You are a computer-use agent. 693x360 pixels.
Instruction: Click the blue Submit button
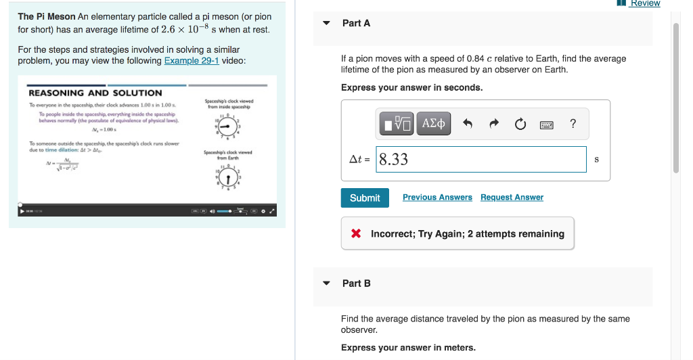365,198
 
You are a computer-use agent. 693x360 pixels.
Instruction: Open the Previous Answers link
437,198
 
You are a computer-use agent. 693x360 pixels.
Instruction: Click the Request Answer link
512,198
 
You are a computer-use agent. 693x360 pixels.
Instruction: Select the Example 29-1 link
192,61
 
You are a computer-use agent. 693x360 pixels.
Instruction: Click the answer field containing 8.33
480,160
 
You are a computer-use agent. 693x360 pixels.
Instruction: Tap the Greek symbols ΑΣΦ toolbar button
434,124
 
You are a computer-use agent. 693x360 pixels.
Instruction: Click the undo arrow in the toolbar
467,124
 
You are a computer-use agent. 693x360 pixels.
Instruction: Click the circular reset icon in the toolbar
520,124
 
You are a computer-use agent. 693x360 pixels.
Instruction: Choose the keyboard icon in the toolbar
547,124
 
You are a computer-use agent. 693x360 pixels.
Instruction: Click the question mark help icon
573,123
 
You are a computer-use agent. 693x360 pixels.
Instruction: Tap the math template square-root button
397,124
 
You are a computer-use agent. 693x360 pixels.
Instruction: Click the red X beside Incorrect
356,234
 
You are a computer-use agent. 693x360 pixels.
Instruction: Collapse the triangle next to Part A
326,23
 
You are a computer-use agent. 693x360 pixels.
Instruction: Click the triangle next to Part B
326,284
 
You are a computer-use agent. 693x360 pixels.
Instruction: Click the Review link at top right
644,3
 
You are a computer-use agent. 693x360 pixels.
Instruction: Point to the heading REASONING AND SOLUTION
95,93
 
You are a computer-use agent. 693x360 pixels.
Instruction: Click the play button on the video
21,211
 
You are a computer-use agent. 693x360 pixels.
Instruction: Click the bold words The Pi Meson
47,16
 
